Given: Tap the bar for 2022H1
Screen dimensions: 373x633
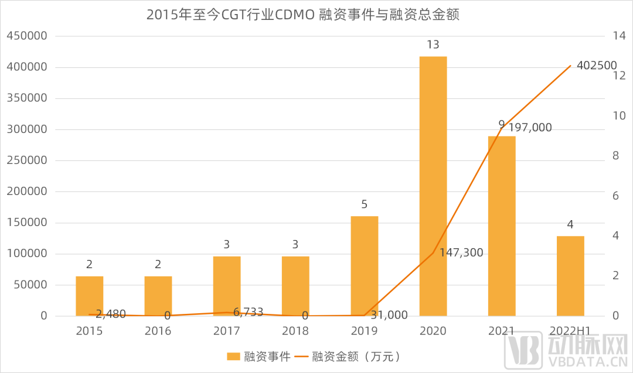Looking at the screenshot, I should tap(570, 276).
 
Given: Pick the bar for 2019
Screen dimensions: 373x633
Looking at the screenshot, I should tap(364, 266).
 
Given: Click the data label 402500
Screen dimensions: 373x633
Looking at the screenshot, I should tap(597, 66).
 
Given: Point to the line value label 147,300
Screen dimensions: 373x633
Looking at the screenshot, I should tap(461, 252).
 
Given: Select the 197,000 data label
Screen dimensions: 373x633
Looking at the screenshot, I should tap(530, 127).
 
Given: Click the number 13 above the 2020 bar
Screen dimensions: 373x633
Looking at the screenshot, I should tap(433, 45).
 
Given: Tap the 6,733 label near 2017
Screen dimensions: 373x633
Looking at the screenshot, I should tap(248, 312).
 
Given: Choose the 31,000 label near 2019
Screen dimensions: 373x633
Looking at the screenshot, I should tap(389, 315).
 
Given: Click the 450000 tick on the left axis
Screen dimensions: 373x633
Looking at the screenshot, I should tap(26, 36).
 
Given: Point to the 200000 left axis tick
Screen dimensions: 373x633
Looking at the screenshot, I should tap(26, 191).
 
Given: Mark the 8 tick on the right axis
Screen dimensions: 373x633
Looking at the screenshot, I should tap(615, 156).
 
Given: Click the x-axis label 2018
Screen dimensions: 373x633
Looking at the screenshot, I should tap(295, 331).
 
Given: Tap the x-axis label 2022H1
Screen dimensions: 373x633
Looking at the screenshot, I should tap(570, 331).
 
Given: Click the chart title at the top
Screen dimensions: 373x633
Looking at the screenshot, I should tap(302, 15).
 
